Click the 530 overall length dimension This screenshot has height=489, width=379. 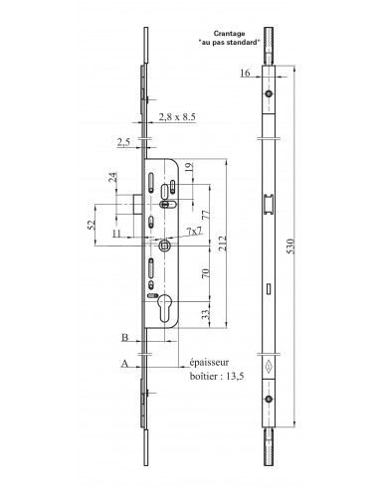[290, 245]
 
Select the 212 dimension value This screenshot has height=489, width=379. [223, 243]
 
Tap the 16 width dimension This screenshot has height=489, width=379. [245, 73]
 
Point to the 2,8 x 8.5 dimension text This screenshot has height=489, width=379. [177, 116]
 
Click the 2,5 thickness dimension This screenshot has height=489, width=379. [123, 142]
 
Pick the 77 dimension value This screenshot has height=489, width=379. [206, 215]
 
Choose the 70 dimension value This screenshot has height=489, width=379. [206, 273]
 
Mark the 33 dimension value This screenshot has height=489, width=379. [206, 314]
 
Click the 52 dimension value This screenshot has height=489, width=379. [92, 225]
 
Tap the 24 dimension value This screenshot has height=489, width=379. [113, 177]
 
